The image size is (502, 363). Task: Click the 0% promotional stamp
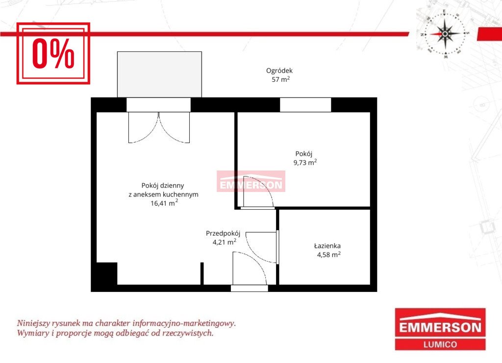[x=53, y=53]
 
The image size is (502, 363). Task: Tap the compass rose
[x=445, y=34]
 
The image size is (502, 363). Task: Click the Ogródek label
[x=279, y=71]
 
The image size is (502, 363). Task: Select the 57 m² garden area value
[x=281, y=79]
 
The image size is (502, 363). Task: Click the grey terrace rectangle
[x=159, y=74]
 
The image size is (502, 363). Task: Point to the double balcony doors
[x=159, y=127]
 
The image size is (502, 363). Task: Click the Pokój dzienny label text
[x=163, y=186]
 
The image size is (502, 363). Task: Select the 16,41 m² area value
[x=164, y=203]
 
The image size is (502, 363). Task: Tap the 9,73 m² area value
[x=305, y=163]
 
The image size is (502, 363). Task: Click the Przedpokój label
[x=223, y=234]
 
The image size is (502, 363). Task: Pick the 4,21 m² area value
[x=225, y=242]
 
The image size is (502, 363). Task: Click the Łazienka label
[x=327, y=246]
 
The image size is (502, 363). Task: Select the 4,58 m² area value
[x=329, y=255]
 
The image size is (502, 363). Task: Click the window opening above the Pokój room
[x=305, y=105]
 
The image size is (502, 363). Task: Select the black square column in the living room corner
[x=107, y=273]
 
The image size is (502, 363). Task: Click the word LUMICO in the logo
[x=440, y=344]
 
